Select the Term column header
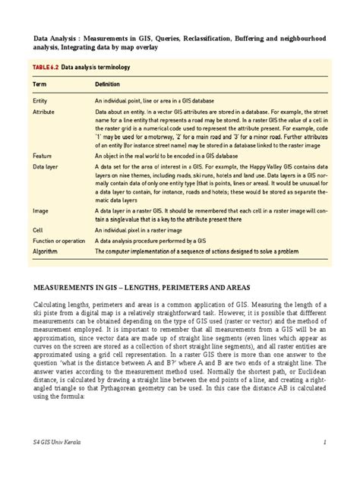coord(39,84)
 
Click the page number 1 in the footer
coord(324,463)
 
